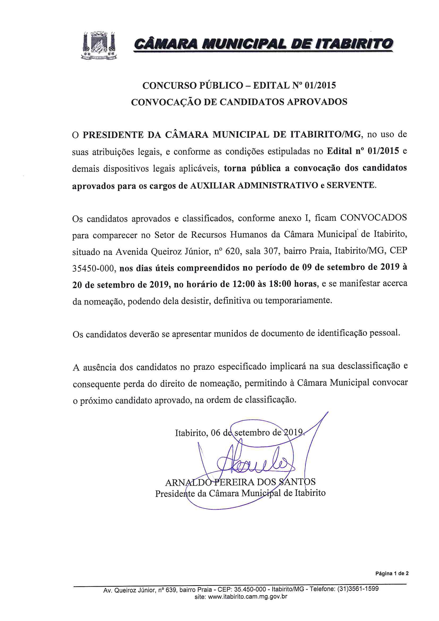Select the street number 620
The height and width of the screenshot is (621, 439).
click(233, 252)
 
